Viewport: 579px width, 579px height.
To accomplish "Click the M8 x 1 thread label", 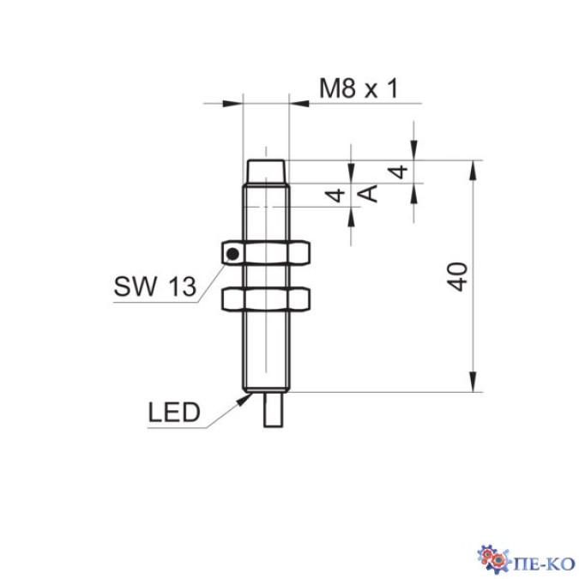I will click(x=359, y=87).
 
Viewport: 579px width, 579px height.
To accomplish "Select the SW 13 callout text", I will click(x=155, y=287).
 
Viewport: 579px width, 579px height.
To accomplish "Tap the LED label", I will click(x=173, y=413).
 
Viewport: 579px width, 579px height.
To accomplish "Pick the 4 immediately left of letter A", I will click(x=339, y=195).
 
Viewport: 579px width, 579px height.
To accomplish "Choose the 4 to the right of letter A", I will click(x=397, y=172).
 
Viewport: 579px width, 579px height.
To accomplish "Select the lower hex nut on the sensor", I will click(x=265, y=299).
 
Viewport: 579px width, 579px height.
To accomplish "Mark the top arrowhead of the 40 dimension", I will click(x=471, y=168).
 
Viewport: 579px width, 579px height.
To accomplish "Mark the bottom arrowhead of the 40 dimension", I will click(x=471, y=385).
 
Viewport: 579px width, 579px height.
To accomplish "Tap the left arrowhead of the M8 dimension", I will click(x=235, y=105).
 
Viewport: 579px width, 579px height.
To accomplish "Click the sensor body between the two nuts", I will click(x=265, y=276).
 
